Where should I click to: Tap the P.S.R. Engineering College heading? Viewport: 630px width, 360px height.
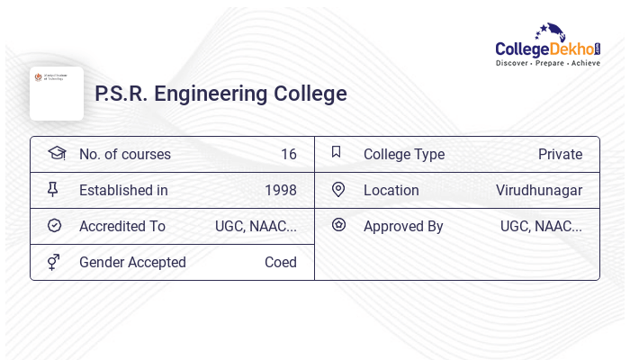click(220, 94)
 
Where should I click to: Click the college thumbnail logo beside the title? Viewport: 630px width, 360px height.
click(57, 93)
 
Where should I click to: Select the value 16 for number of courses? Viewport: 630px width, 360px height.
click(288, 154)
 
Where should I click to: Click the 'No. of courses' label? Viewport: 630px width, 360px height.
click(124, 154)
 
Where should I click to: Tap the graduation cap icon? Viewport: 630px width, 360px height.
click(56, 153)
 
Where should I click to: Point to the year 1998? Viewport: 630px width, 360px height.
click(280, 190)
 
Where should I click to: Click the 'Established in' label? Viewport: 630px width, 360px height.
click(123, 190)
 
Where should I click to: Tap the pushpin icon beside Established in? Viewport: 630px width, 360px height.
click(53, 189)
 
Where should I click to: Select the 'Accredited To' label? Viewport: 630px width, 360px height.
click(122, 226)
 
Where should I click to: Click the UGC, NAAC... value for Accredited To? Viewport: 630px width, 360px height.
click(256, 226)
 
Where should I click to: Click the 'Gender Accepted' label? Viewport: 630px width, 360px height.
click(132, 262)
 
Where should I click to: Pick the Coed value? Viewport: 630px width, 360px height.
click(280, 262)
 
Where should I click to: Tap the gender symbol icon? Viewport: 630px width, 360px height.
click(53, 262)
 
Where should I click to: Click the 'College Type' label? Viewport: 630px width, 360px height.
click(404, 154)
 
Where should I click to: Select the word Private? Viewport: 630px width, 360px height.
click(560, 154)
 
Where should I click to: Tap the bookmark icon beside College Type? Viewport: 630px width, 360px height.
click(337, 152)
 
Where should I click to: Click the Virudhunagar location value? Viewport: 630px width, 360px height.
click(538, 190)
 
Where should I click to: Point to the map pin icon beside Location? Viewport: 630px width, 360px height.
click(337, 189)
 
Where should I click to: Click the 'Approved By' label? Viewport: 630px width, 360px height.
click(403, 226)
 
